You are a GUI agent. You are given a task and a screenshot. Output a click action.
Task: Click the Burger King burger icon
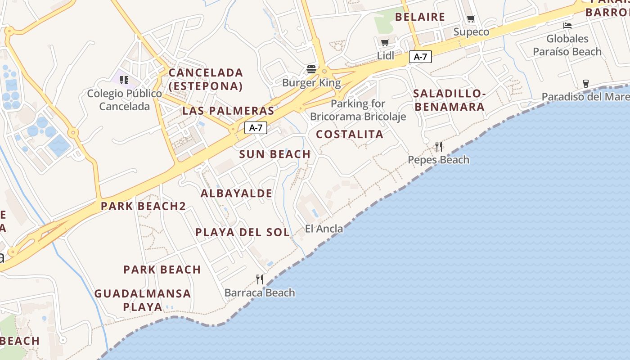click(x=311, y=69)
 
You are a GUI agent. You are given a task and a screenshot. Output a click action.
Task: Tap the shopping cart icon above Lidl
click(x=385, y=42)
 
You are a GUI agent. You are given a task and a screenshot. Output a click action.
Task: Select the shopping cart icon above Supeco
click(x=471, y=19)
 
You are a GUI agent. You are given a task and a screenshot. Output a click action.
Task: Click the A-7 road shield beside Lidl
click(x=420, y=57)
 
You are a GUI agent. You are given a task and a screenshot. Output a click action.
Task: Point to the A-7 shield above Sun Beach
click(x=256, y=128)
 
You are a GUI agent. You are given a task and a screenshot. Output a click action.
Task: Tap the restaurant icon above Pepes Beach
click(x=438, y=146)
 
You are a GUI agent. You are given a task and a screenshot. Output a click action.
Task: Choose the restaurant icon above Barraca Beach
click(x=259, y=279)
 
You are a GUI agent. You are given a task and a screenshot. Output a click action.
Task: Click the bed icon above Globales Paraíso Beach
click(x=567, y=26)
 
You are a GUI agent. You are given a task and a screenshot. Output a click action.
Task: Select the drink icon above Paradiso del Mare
click(x=585, y=83)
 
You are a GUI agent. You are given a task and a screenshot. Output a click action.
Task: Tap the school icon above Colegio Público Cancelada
click(x=124, y=80)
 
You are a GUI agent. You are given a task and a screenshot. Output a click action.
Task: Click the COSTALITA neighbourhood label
click(x=350, y=134)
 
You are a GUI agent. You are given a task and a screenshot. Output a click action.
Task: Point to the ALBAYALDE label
click(x=236, y=193)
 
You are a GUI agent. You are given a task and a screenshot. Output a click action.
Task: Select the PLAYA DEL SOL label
click(x=243, y=232)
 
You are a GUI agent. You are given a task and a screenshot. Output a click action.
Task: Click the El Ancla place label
click(x=324, y=229)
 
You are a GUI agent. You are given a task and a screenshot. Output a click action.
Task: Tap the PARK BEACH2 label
click(x=143, y=206)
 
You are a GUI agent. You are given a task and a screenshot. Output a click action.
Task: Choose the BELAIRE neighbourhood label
click(x=420, y=17)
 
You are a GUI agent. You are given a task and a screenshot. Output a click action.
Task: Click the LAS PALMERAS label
click(x=228, y=111)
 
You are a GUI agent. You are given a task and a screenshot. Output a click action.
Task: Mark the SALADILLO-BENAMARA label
click(x=449, y=100)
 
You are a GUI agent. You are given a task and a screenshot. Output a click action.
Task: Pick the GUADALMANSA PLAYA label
click(x=143, y=300)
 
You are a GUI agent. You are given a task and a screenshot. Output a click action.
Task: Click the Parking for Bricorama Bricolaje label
click(x=358, y=110)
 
